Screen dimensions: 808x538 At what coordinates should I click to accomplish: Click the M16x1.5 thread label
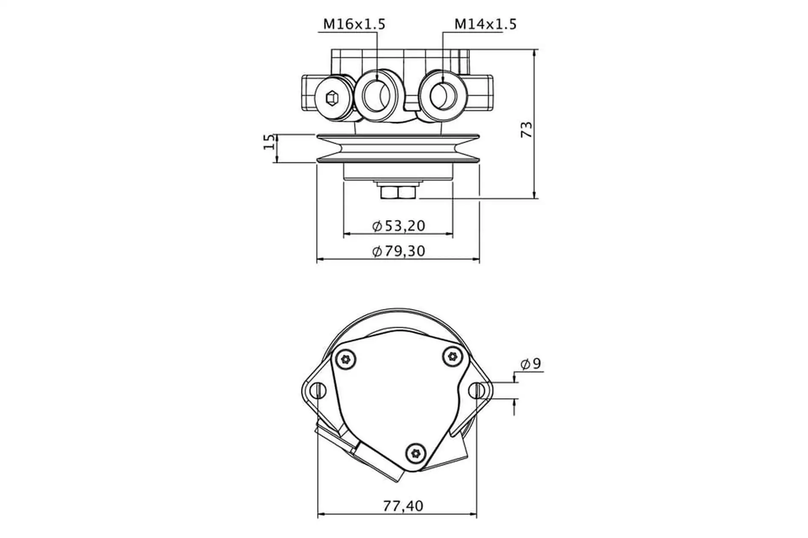pos(354,24)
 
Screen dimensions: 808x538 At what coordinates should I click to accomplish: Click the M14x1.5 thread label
pos(485,24)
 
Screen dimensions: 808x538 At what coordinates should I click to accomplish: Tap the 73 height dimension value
pos(526,130)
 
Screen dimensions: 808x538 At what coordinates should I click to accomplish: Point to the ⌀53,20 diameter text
pos(399,226)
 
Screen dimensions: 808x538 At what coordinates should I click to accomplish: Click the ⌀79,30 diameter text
pos(399,251)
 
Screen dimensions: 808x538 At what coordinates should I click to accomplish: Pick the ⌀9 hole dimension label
pos(531,364)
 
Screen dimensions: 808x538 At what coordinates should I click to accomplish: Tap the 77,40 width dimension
pos(403,506)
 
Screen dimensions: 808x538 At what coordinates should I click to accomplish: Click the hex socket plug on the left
pos(332,98)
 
